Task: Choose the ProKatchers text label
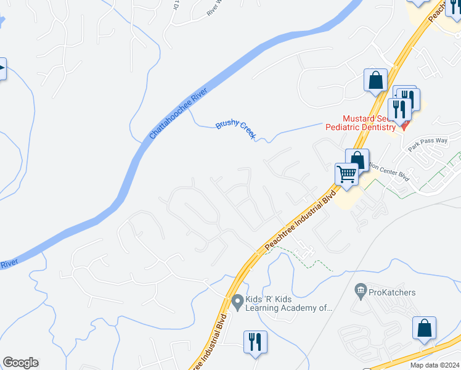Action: pos(391,292)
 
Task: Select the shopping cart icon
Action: pos(346,175)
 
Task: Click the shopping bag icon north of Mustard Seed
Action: pos(375,81)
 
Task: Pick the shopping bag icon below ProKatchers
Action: pos(424,329)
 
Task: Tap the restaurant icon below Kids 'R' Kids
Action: pos(255,341)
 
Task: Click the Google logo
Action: pos(20,363)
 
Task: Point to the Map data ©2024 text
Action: pos(435,365)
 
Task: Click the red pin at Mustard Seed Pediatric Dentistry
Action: pos(404,125)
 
